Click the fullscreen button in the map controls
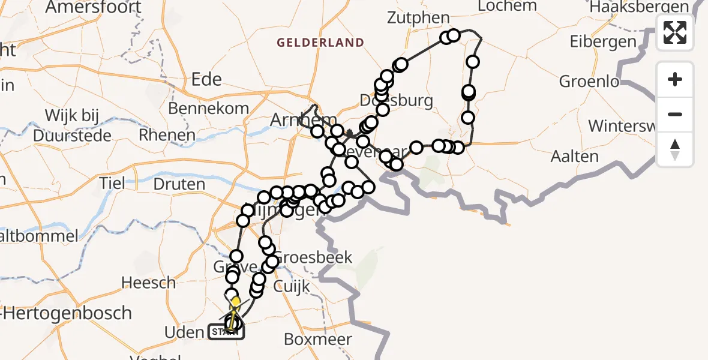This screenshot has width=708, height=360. pyautogui.click(x=675, y=32)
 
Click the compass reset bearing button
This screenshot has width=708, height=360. pyautogui.click(x=675, y=149)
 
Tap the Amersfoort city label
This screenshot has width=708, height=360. pyautogui.click(x=94, y=7)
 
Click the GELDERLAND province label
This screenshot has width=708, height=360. pyautogui.click(x=320, y=43)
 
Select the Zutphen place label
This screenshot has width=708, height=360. pyautogui.click(x=418, y=17)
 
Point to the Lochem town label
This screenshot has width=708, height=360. pyautogui.click(x=508, y=6)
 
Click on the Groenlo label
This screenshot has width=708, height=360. pyautogui.click(x=588, y=81)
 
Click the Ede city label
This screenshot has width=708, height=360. pyautogui.click(x=206, y=79)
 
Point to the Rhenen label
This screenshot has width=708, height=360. pyautogui.click(x=167, y=135)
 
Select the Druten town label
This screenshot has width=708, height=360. pyautogui.click(x=179, y=184)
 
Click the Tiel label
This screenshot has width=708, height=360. pyautogui.click(x=113, y=182)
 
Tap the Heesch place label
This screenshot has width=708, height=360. pyautogui.click(x=148, y=282)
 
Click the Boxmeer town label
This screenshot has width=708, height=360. pyautogui.click(x=317, y=339)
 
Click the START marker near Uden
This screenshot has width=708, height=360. pyautogui.click(x=226, y=331)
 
